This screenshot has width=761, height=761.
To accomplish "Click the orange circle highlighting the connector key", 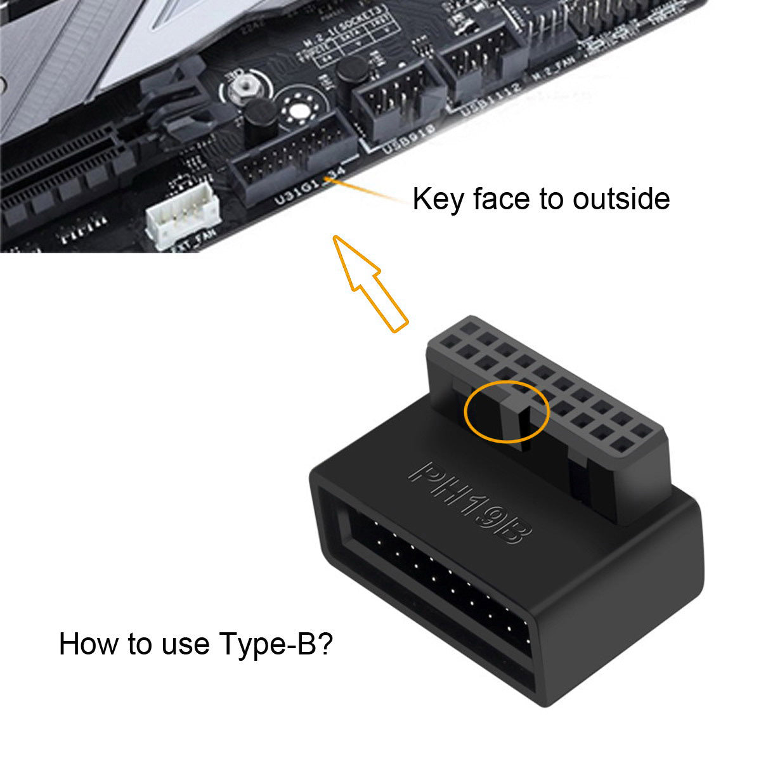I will pos(505,412).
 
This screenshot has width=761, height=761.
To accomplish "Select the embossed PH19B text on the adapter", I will pos(469,501).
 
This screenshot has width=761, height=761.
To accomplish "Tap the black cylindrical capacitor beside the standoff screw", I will pos(258,124).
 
